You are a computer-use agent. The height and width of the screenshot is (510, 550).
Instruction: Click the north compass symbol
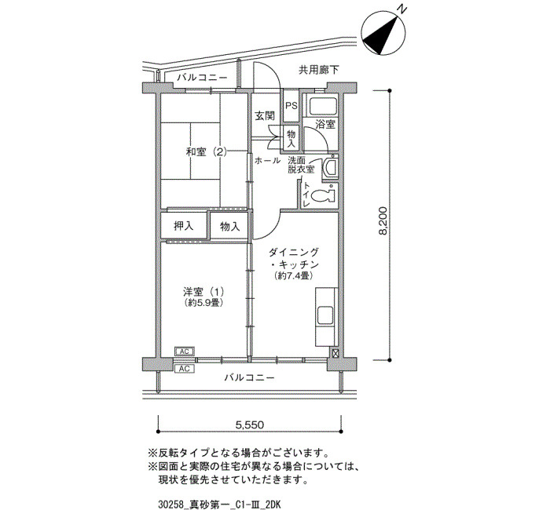[383, 34]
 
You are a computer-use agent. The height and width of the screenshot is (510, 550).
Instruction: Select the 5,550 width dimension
[250, 425]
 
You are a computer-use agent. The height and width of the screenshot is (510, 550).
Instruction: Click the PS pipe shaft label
[291, 105]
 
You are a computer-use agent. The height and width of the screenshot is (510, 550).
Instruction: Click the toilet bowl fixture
[324, 196]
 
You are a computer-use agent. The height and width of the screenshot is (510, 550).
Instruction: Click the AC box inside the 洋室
[185, 352]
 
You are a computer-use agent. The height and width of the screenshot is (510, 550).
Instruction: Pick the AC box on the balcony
[185, 369]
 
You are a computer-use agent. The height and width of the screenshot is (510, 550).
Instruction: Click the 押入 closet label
[184, 226]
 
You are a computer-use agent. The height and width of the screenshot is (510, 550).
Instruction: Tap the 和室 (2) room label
[206, 152]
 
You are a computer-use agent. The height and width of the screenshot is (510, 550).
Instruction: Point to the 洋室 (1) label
[203, 291]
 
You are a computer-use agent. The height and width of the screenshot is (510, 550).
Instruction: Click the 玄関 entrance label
[265, 116]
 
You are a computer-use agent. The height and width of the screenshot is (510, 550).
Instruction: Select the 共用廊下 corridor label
[319, 70]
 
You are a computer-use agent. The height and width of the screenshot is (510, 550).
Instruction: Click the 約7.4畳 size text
[294, 275]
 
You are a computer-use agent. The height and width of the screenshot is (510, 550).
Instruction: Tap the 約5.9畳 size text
[203, 303]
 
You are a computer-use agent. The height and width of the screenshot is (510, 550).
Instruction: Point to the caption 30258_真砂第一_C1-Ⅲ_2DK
[219, 505]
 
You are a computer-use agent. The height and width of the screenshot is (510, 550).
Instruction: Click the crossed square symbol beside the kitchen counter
[335, 353]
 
